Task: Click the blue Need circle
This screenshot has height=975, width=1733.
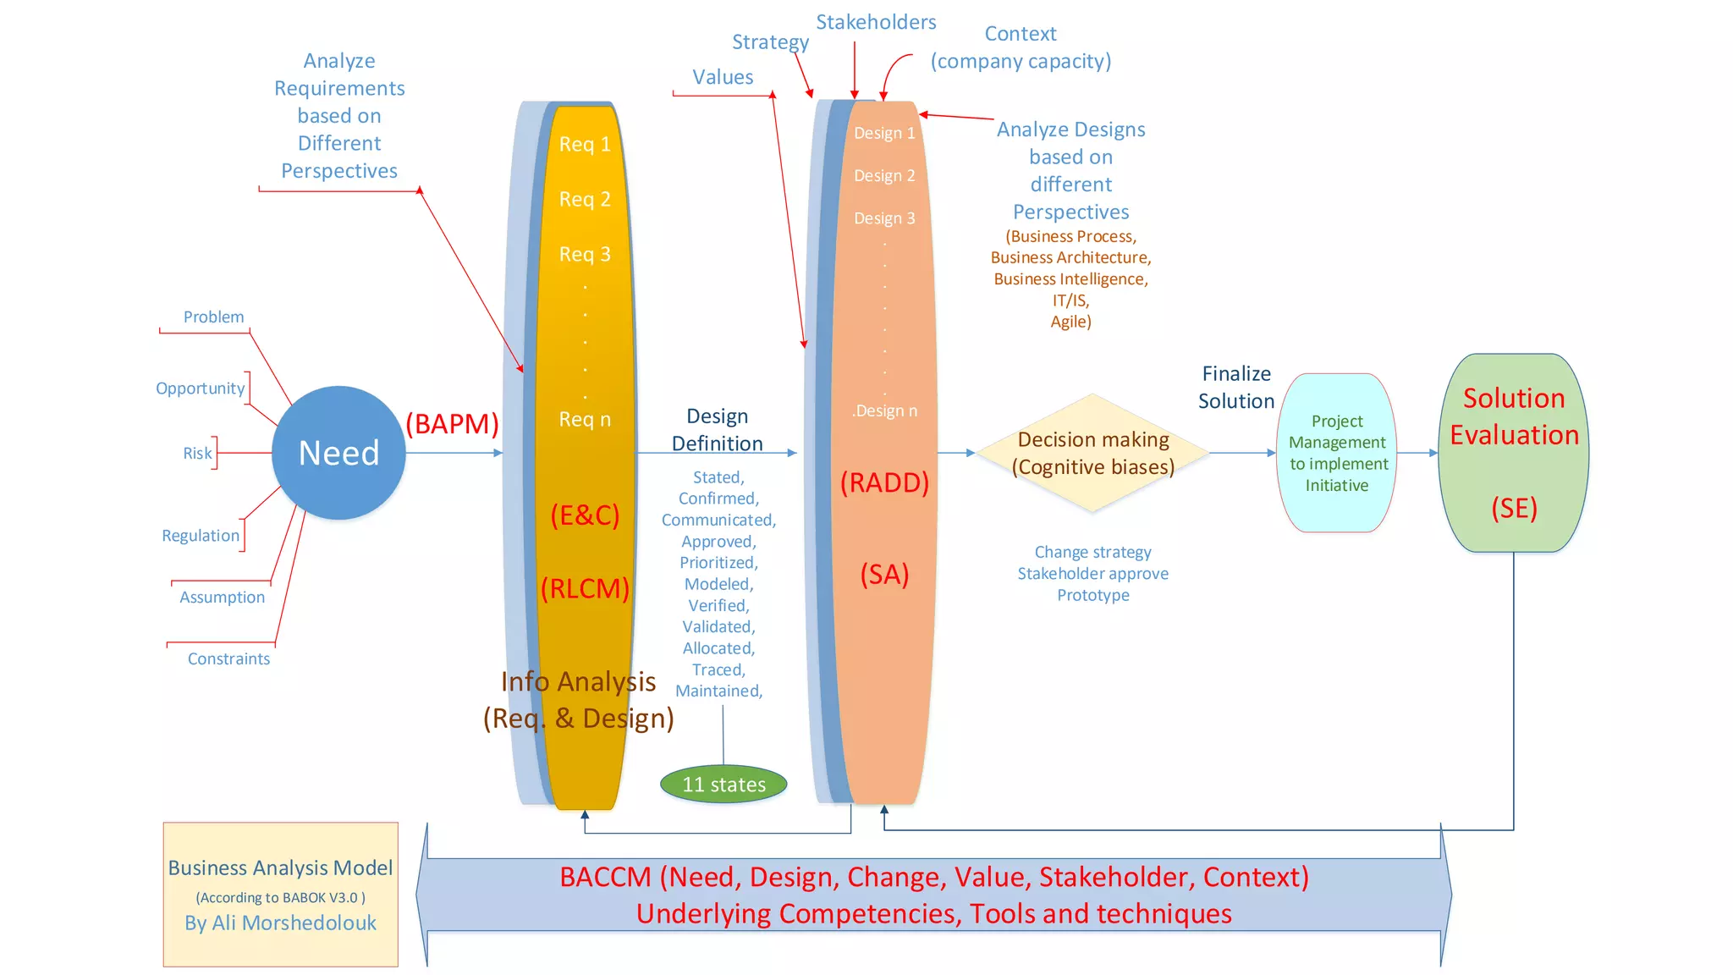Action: (338, 453)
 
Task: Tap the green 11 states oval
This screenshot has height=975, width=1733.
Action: (723, 785)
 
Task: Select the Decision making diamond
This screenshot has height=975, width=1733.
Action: (1092, 453)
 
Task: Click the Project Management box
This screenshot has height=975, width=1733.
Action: (1336, 453)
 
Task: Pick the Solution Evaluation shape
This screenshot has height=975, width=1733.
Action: (1513, 453)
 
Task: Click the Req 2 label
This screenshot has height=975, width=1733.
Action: (585, 199)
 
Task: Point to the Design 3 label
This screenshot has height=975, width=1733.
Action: (884, 218)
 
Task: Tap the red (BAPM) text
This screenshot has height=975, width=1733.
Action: (452, 423)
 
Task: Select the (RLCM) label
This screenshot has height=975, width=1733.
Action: (585, 588)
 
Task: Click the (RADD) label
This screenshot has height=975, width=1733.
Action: (884, 482)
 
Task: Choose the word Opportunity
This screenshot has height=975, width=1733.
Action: (200, 388)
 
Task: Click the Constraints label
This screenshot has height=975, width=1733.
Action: (228, 658)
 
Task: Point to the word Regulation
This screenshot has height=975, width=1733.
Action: (201, 536)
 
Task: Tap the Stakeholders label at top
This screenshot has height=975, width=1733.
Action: (876, 22)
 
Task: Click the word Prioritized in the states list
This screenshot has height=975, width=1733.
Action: (718, 563)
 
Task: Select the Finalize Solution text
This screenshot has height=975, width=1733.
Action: (1236, 387)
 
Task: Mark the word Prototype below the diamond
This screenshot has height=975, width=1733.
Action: (1092, 595)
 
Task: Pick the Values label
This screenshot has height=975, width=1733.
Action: (723, 77)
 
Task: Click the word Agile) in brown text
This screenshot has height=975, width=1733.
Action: (1070, 322)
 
